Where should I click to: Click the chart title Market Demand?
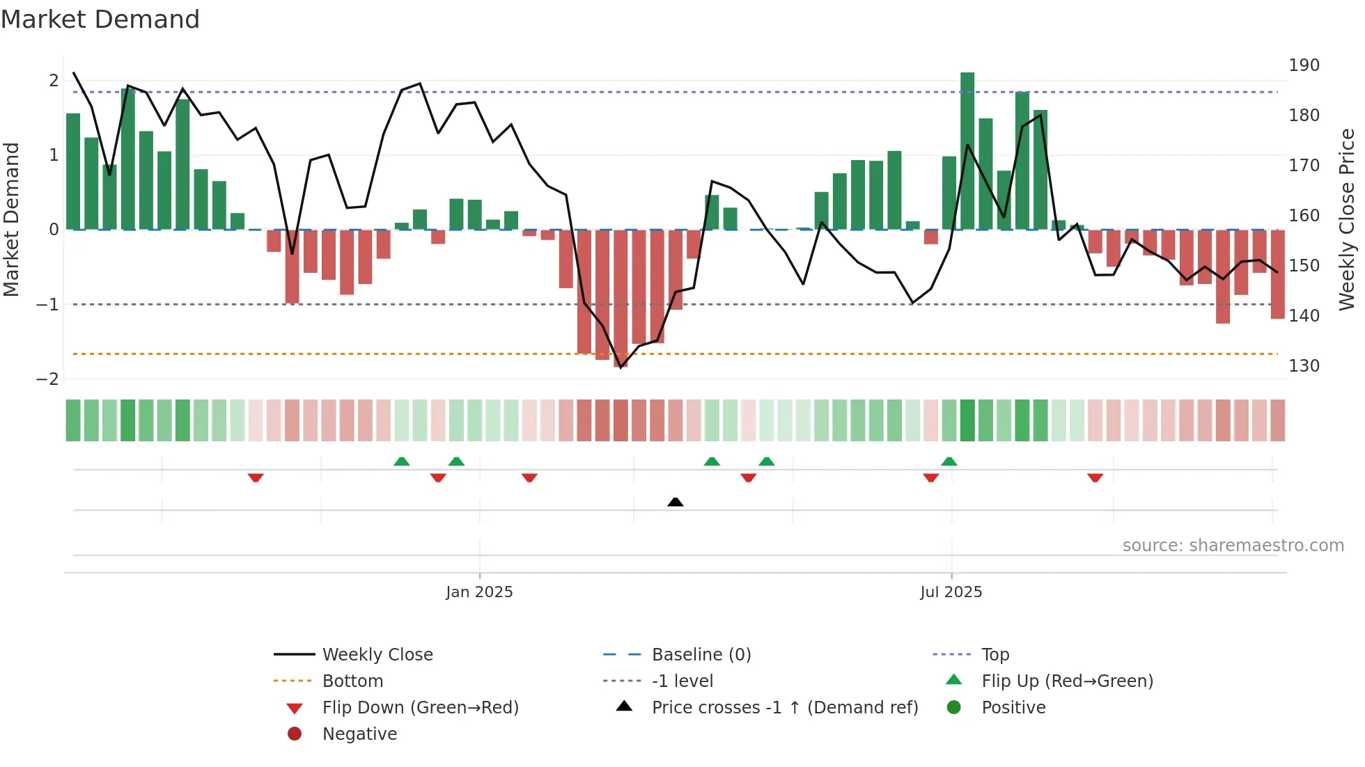tap(100, 19)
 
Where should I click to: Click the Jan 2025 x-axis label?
tap(479, 592)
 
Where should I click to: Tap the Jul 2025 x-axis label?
tap(951, 592)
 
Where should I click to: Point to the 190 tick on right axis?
tap(1304, 65)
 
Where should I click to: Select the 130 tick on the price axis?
tap(1304, 366)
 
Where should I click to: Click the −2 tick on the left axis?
tap(47, 379)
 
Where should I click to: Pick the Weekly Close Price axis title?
tap(1347, 219)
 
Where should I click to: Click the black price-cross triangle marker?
tap(675, 502)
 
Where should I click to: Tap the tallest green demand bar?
tap(967, 150)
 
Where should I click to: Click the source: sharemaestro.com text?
tap(1233, 546)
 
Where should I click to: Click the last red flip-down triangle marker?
tap(1095, 477)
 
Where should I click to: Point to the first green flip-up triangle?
tap(402, 461)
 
